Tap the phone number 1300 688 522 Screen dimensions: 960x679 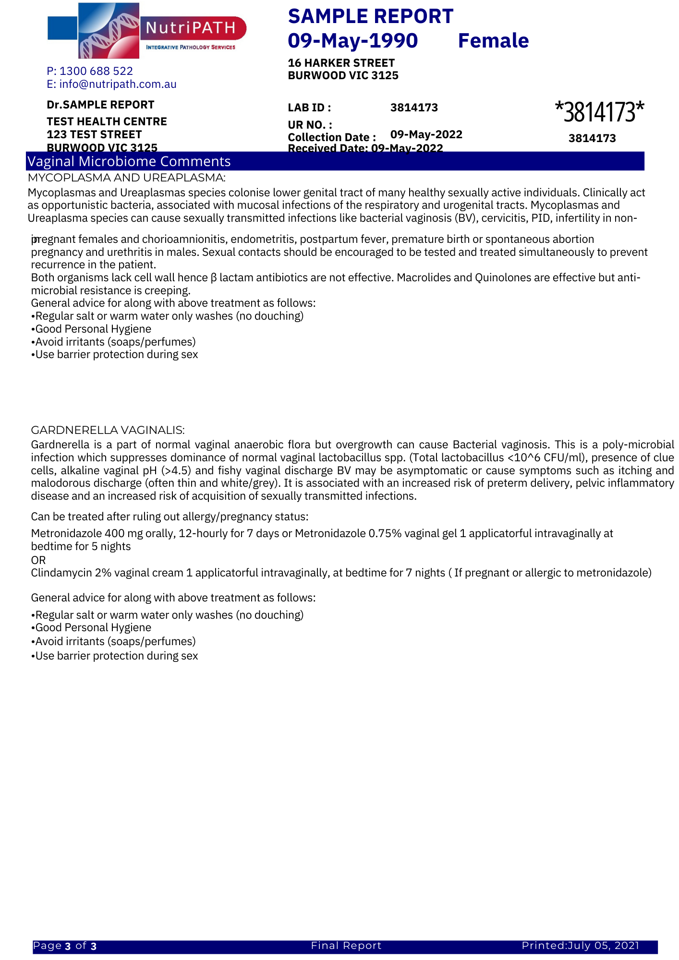pos(96,71)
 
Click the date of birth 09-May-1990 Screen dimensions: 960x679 pos(353,41)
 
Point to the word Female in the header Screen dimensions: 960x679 pos(493,41)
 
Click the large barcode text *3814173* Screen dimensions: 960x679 pos(599,112)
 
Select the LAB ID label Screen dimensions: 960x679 pos(309,108)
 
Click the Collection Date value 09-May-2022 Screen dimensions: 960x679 pos(426,134)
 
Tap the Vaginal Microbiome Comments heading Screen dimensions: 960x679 pos(129,161)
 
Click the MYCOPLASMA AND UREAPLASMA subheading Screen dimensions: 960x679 pos(126,178)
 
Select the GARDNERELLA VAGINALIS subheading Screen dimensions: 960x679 pos(108,430)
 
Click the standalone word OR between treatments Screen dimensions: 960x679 pos(38,560)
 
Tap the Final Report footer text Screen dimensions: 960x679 pos(346,946)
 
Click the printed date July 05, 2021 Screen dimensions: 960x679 pos(603,946)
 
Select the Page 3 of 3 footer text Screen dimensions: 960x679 pos(65,946)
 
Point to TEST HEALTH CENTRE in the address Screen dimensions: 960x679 pos(107,121)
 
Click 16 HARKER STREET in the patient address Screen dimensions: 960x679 pos(341,63)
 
